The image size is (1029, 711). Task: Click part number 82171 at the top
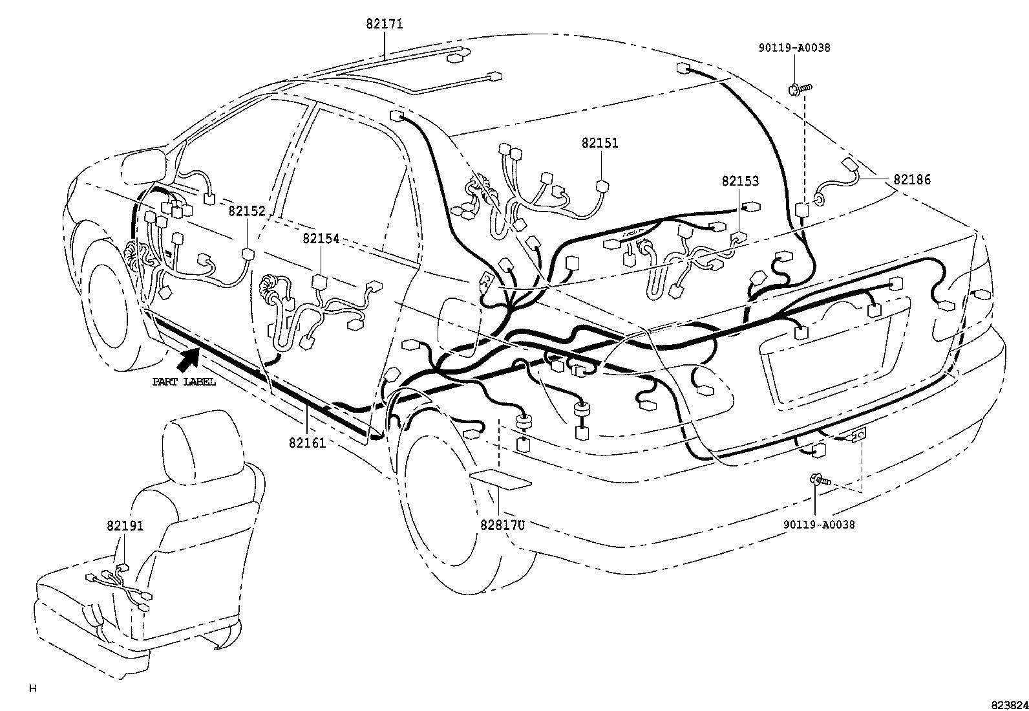pyautogui.click(x=384, y=24)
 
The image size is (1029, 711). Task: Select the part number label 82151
pyautogui.click(x=599, y=143)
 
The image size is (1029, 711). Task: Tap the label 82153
pyautogui.click(x=740, y=182)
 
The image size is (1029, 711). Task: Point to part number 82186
pyautogui.click(x=912, y=180)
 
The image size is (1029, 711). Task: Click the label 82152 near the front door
pyautogui.click(x=246, y=211)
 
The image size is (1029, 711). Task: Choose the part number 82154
pyautogui.click(x=321, y=239)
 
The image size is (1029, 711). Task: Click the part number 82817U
pyautogui.click(x=502, y=525)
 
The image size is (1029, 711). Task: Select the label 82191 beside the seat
pyautogui.click(x=125, y=526)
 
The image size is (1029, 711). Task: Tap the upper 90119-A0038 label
pyautogui.click(x=794, y=48)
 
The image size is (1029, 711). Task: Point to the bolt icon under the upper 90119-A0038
pyautogui.click(x=798, y=88)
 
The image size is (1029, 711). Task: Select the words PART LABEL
pyautogui.click(x=184, y=382)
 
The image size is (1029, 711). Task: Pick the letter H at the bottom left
pyautogui.click(x=32, y=689)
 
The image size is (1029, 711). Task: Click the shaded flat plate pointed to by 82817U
pyautogui.click(x=500, y=479)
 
